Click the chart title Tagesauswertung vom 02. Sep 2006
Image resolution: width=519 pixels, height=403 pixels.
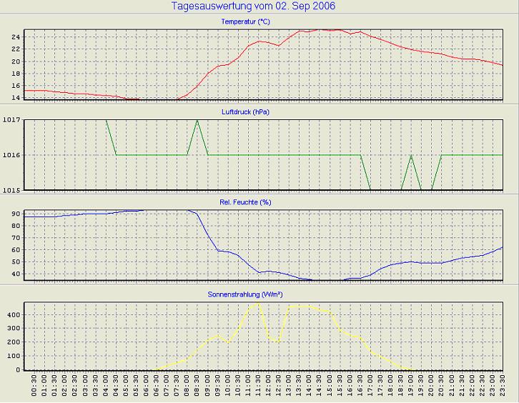254,6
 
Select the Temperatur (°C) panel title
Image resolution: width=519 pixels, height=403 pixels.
246,22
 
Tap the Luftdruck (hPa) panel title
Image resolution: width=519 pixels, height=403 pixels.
246,112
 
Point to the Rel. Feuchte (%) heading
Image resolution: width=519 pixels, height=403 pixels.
246,202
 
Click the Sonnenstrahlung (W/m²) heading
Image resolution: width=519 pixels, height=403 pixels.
246,293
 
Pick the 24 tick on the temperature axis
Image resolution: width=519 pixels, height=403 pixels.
16,36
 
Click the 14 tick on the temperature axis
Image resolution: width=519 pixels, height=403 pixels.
16,97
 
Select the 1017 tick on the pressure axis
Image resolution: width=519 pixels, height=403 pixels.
11,120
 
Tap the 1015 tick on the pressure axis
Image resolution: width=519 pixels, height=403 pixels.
11,189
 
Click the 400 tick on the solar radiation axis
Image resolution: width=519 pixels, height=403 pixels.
13,314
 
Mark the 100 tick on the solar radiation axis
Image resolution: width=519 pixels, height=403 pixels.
13,356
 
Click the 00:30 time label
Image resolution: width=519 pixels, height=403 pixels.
34,389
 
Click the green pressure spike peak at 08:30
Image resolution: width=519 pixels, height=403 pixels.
197,121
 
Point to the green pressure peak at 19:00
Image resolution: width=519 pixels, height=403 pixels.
411,155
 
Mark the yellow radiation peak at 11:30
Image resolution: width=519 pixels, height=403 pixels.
258,303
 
